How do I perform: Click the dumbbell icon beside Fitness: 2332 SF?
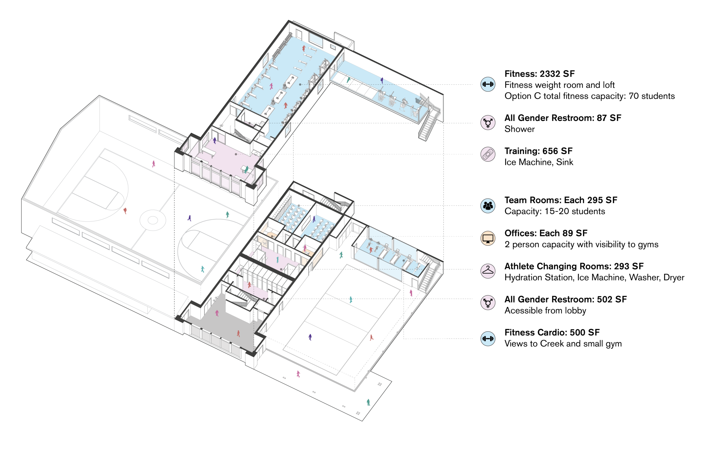pyautogui.click(x=488, y=84)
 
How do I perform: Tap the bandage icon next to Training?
pyautogui.click(x=488, y=154)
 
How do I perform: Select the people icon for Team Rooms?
pyautogui.click(x=488, y=206)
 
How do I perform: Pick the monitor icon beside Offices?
pyautogui.click(x=488, y=238)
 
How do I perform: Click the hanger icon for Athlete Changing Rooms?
pyautogui.click(x=488, y=271)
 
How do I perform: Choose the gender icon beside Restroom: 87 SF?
pyautogui.click(x=488, y=123)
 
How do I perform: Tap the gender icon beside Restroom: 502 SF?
pyautogui.click(x=488, y=303)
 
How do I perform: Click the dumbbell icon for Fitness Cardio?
pyautogui.click(x=488, y=338)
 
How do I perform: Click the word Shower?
pyautogui.click(x=519, y=129)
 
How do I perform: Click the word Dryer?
pyautogui.click(x=674, y=278)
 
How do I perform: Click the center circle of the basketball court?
pyautogui.click(x=153, y=220)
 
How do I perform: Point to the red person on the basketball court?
pyautogui.click(x=125, y=211)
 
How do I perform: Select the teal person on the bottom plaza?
pyautogui.click(x=368, y=402)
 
